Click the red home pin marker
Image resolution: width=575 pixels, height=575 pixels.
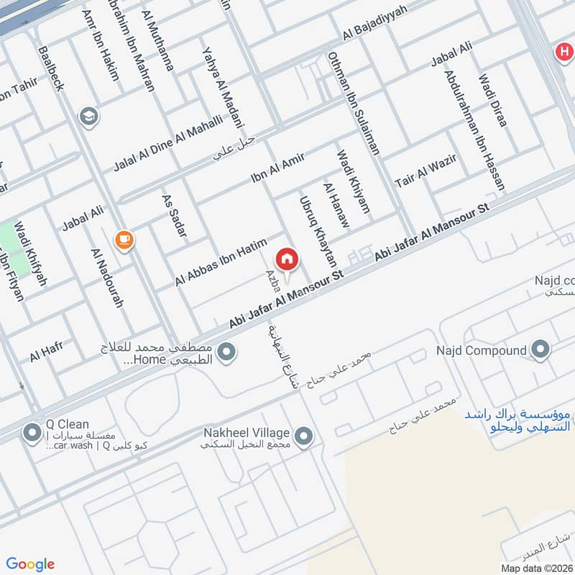pos(286,259)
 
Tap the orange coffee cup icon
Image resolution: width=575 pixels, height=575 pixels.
pos(124,239)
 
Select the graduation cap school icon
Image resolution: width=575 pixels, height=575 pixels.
pos(89,116)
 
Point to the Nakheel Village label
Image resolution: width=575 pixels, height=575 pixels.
pos(245,433)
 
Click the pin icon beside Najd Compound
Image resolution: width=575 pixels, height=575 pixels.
pos(540,351)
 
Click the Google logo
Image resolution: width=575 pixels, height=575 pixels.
pos(30,564)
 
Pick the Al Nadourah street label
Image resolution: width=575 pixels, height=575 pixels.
pos(107,277)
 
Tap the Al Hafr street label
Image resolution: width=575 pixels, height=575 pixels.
pos(47,351)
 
